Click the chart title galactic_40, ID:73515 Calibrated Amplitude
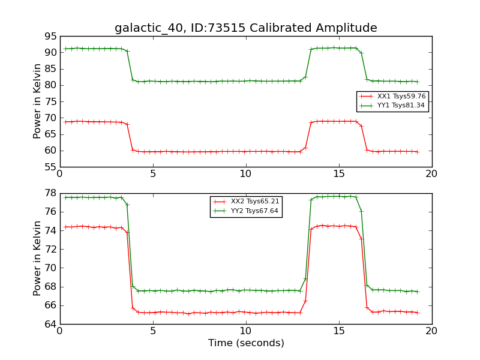[x=246, y=28]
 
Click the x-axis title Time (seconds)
[x=246, y=343]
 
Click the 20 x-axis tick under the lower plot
[x=431, y=331]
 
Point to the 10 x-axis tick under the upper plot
[x=245, y=173]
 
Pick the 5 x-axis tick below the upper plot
[x=152, y=173]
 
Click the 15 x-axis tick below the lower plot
[x=338, y=331]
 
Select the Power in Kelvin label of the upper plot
[x=37, y=101]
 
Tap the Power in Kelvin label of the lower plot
[x=37, y=258]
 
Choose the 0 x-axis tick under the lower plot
[x=59, y=331]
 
